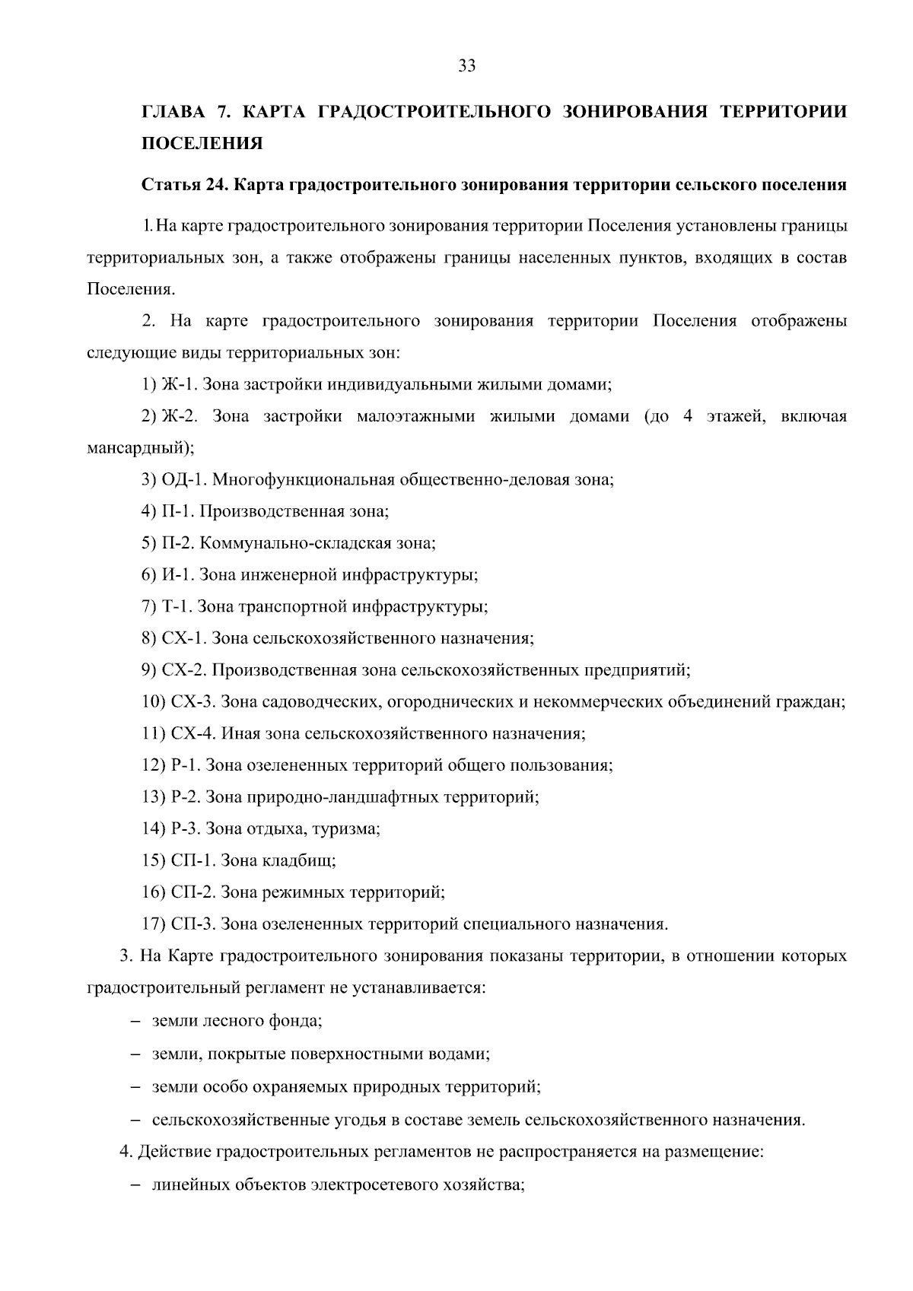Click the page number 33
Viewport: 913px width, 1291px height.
click(x=467, y=66)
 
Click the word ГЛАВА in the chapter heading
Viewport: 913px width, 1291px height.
click(x=173, y=113)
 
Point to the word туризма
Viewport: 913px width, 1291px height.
click(x=352, y=828)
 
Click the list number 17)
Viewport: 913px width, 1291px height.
click(x=154, y=924)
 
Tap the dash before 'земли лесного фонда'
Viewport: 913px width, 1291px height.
click(x=135, y=1021)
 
